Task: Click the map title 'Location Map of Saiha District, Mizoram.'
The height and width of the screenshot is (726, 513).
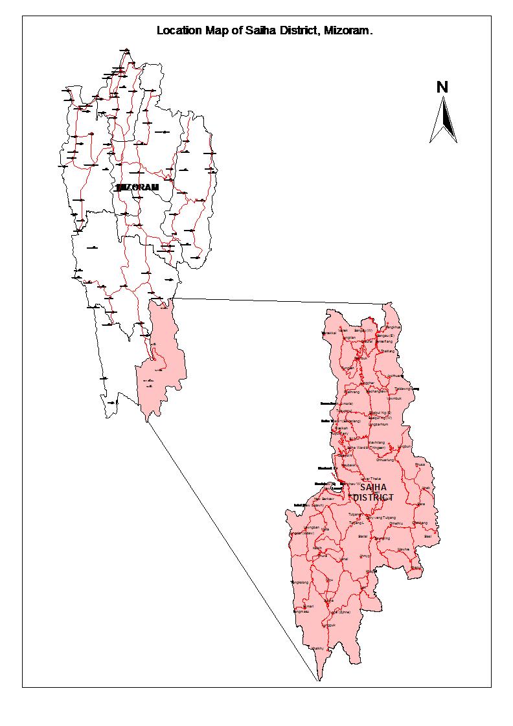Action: [265, 30]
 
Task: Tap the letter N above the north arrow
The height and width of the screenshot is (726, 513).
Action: [442, 87]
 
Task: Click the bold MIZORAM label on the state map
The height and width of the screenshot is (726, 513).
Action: [137, 187]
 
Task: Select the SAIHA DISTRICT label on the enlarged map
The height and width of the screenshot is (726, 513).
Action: [375, 492]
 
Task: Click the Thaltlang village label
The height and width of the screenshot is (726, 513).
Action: [387, 351]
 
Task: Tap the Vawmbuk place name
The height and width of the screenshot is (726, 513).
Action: [394, 398]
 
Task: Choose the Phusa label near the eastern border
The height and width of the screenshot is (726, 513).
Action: [420, 464]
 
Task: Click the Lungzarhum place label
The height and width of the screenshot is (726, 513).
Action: [378, 424]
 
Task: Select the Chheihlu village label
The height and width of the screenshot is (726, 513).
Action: [396, 523]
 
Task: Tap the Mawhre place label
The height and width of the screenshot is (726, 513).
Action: [403, 549]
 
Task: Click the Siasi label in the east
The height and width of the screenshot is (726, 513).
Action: [427, 536]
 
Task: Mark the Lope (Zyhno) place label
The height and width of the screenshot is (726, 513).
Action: [340, 611]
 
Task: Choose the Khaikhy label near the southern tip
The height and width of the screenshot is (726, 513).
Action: [316, 648]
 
